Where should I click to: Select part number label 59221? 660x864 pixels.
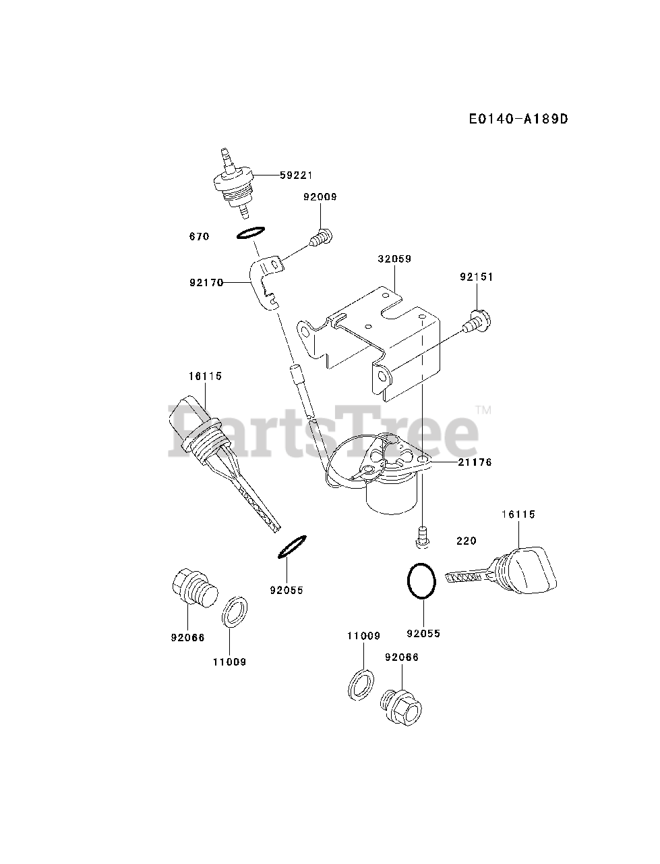tap(297, 175)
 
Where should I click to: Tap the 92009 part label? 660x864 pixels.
tap(320, 197)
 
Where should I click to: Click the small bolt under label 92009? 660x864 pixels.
tap(321, 238)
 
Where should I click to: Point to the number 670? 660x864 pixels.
tap(199, 236)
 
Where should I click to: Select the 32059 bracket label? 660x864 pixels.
tap(394, 259)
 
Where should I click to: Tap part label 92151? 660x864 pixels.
tap(477, 277)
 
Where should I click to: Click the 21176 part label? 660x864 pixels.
tap(475, 462)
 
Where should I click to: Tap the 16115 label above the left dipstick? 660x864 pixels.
tap(205, 376)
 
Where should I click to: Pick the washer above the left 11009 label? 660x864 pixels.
tap(234, 612)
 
